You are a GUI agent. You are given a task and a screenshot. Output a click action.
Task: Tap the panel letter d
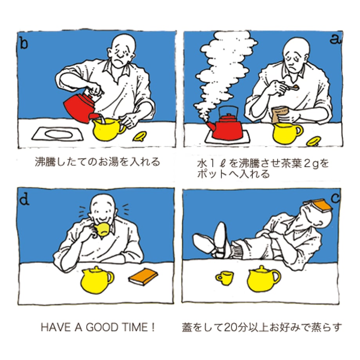tap(24, 199)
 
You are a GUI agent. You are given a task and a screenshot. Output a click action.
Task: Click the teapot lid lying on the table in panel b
tap(140, 136)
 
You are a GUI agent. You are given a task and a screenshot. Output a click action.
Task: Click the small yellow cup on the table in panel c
tap(225, 278)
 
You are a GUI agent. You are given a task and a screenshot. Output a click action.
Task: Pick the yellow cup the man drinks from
tap(101, 230)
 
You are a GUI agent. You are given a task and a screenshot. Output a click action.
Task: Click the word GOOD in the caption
tap(102, 327)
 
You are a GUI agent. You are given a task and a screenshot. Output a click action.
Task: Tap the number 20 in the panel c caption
tap(230, 327)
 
